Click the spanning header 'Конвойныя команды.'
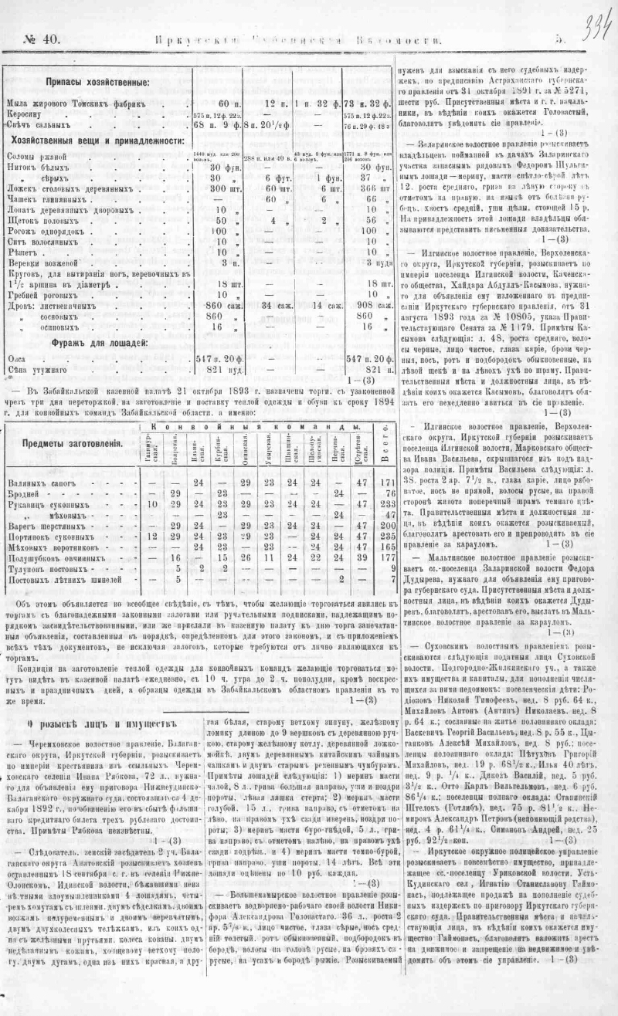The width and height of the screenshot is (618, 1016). coord(254,426)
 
